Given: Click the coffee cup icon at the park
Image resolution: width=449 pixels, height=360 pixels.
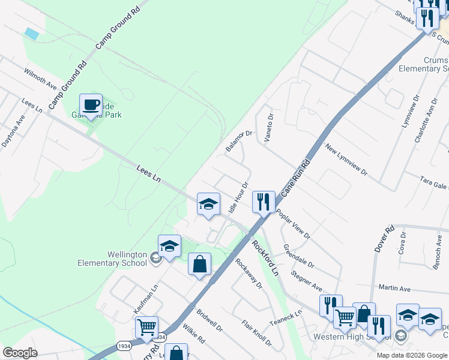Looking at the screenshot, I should pos(91,106).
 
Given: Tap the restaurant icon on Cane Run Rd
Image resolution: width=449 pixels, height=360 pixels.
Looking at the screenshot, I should pos(264,202).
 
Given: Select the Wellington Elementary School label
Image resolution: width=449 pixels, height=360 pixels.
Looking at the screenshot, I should pos(112,259).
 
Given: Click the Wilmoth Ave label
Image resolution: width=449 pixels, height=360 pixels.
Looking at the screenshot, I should pos(40,79).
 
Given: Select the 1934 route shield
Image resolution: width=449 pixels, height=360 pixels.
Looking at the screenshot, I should pos(124,346).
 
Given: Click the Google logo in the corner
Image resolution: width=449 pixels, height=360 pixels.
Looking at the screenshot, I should pos(20,353).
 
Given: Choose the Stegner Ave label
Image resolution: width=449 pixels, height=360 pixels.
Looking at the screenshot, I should pos(306,276).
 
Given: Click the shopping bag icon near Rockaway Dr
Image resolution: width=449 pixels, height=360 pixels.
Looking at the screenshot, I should pos(199,265).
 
